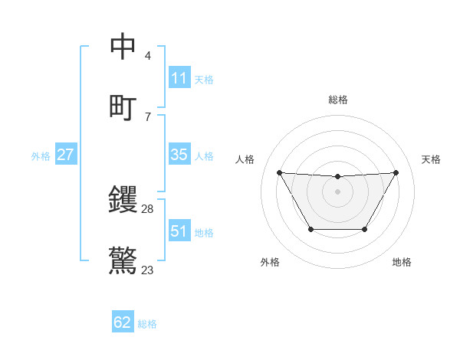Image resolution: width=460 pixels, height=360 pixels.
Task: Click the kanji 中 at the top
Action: (x=123, y=47)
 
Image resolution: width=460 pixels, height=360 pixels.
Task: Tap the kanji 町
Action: (x=123, y=106)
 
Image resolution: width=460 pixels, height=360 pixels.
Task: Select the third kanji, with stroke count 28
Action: (x=123, y=201)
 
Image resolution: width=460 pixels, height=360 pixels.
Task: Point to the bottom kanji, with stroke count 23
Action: (x=123, y=260)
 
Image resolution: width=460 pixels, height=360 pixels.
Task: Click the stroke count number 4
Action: (x=148, y=56)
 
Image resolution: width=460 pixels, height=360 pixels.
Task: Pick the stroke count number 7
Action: (x=148, y=116)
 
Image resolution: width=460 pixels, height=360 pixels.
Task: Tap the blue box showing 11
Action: (x=179, y=78)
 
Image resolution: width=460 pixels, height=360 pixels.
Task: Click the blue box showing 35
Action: (x=179, y=155)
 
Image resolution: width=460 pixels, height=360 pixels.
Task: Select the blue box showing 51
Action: (x=179, y=231)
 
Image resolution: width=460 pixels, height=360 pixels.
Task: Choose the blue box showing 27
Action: (x=66, y=155)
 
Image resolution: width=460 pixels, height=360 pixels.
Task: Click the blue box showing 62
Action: (x=123, y=322)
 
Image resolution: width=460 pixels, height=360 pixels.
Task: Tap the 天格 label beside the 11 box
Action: (x=203, y=79)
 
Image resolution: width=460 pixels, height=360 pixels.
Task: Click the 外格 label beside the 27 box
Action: (x=41, y=155)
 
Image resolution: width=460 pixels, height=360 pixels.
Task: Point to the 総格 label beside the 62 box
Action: (x=147, y=323)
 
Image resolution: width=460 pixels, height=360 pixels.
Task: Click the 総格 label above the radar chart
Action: (x=337, y=100)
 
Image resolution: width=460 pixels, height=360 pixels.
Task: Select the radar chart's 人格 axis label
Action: (x=245, y=159)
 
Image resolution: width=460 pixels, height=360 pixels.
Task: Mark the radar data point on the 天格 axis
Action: (x=396, y=172)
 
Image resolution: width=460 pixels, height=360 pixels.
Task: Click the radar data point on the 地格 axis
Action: (x=364, y=229)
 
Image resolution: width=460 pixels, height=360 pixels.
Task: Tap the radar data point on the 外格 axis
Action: (x=310, y=229)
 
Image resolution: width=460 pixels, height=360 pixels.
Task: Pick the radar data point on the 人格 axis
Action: (x=279, y=172)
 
